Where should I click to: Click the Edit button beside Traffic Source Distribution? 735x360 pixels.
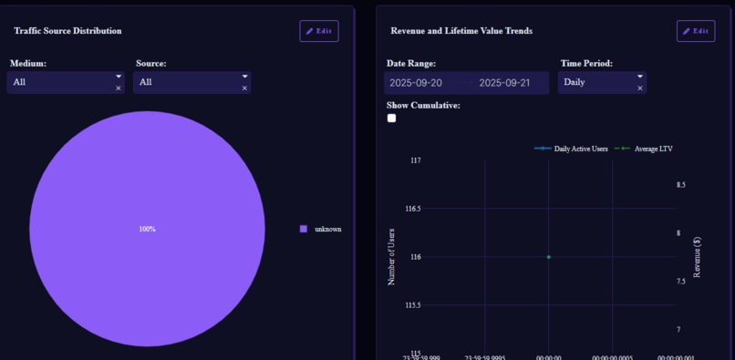click(318, 31)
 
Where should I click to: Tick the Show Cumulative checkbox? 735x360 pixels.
click(392, 118)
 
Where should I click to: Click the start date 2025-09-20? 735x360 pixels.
click(416, 83)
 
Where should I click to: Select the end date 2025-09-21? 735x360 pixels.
click(504, 83)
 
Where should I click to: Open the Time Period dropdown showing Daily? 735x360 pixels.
click(597, 83)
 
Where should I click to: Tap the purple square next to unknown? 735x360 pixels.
click(304, 229)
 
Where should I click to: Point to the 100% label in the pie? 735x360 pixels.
click(148, 229)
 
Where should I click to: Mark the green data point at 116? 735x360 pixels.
click(548, 257)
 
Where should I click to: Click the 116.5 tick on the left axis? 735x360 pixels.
click(412, 209)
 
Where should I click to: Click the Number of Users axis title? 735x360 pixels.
click(392, 257)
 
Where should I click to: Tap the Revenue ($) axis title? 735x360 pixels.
click(698, 257)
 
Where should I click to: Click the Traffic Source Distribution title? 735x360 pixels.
click(67, 31)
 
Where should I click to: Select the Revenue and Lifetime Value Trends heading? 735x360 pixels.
click(461, 31)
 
